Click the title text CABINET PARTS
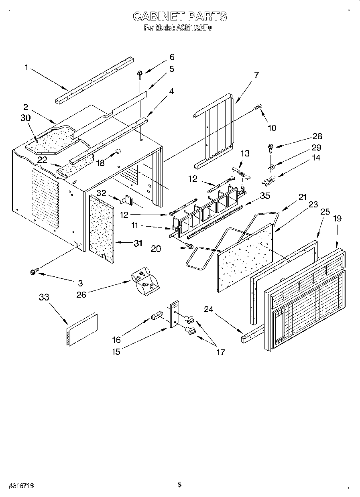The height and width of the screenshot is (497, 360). (179, 16)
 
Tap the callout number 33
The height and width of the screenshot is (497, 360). (44, 297)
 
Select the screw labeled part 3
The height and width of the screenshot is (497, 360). (33, 272)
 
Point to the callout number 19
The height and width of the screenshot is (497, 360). (337, 219)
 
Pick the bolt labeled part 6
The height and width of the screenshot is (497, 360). (140, 73)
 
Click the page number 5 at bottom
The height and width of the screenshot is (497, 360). (179, 485)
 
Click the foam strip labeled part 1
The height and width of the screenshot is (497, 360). (95, 80)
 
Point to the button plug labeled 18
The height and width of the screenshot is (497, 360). (119, 151)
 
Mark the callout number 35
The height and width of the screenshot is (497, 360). (264, 196)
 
